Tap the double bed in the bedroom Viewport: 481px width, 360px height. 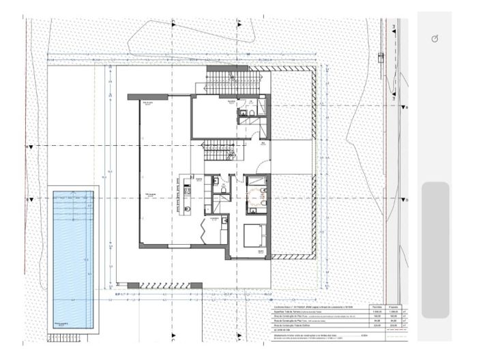click(x=255, y=235)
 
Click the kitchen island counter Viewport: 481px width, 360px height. click(x=184, y=197)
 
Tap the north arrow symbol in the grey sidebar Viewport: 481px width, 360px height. click(x=435, y=40)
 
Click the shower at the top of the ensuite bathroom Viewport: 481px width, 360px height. click(x=258, y=181)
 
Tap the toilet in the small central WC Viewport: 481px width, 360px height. click(x=218, y=184)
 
